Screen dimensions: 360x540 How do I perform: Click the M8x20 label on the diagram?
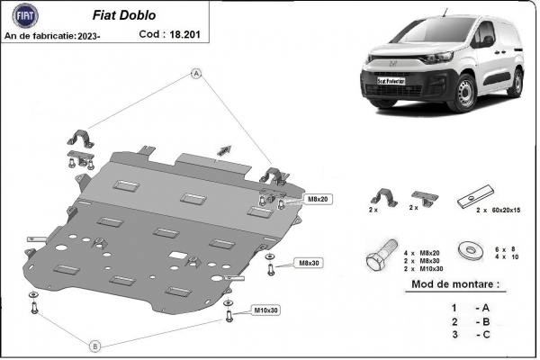point(319,198)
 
